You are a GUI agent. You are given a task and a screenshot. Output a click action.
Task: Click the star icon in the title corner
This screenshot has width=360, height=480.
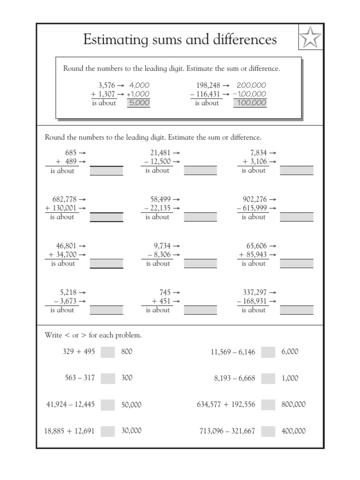point(310,38)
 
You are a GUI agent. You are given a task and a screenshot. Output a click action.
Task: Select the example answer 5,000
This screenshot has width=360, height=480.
point(139,103)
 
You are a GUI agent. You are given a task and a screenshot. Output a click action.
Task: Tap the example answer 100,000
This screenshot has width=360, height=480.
point(250,103)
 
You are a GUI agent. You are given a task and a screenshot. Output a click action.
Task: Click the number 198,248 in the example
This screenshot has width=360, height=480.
point(207,85)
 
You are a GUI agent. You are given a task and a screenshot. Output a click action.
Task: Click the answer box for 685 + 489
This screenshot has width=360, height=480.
point(106,171)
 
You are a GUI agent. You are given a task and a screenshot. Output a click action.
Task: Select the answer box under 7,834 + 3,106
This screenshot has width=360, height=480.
point(297,171)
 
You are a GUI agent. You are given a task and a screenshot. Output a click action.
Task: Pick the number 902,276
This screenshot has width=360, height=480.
point(255,199)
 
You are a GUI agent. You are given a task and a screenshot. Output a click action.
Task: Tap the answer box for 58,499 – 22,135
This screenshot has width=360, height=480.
point(201,217)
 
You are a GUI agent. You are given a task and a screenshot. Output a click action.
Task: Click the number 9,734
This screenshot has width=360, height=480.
point(163,246)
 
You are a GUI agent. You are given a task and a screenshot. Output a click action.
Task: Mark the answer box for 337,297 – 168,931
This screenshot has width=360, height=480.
point(297,310)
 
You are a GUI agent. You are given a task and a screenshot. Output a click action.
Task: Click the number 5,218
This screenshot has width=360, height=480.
point(66,292)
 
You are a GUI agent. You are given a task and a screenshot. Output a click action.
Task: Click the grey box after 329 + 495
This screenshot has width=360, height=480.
point(108,352)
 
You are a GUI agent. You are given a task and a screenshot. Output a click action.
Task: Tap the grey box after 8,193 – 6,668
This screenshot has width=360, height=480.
point(268,378)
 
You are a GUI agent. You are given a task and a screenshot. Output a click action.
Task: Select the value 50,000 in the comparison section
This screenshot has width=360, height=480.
point(131,405)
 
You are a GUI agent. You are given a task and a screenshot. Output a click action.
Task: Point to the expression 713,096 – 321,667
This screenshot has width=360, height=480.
point(227,431)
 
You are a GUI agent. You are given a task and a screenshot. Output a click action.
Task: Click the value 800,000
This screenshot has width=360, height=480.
point(293,405)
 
